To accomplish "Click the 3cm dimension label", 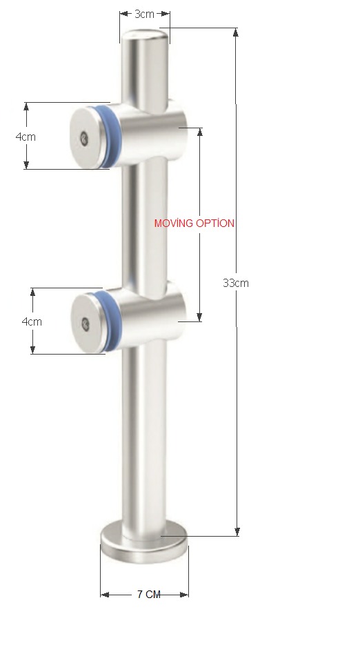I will pos(144,14).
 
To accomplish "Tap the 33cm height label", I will pos(235,283).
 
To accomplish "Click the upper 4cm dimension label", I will pos(26,137).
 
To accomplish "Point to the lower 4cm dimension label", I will pos(32,321).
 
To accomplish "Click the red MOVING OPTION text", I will pos(194,223).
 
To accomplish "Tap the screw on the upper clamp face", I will pos(84,137).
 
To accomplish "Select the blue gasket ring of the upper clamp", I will pos(106,136).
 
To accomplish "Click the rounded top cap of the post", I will pos(145,37).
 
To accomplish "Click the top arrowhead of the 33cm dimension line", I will pos(237,32).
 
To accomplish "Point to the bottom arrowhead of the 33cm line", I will pos(237,532).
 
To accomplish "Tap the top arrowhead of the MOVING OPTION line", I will pos(200,131).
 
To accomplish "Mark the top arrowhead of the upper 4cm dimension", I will pos(26,106).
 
